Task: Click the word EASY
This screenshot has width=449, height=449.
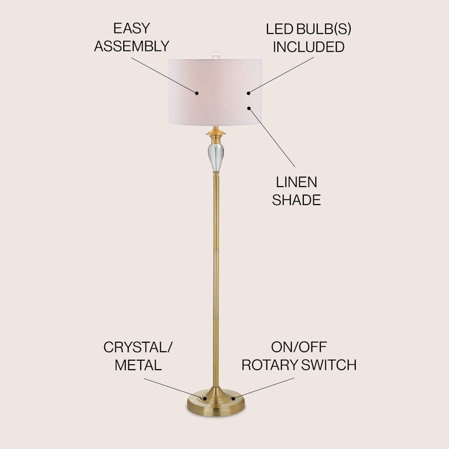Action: click(132, 28)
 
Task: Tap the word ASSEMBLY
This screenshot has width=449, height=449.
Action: click(132, 46)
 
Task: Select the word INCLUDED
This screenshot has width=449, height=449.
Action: click(308, 47)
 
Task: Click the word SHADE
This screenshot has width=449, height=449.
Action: click(296, 200)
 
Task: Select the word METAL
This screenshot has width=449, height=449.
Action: click(138, 365)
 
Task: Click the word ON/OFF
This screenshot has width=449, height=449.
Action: click(299, 347)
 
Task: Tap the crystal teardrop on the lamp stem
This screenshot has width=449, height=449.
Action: click(216, 157)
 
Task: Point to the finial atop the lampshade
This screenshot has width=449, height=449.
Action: click(216, 55)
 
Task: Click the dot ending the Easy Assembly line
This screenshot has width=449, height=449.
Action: click(197, 93)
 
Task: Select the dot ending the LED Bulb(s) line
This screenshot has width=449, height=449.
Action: click(248, 93)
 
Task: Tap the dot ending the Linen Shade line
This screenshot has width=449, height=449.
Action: click(248, 107)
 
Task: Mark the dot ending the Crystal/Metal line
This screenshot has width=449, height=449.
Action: click(205, 398)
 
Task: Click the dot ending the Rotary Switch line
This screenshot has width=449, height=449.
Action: click(233, 398)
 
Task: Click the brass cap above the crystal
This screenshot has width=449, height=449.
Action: click(216, 135)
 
